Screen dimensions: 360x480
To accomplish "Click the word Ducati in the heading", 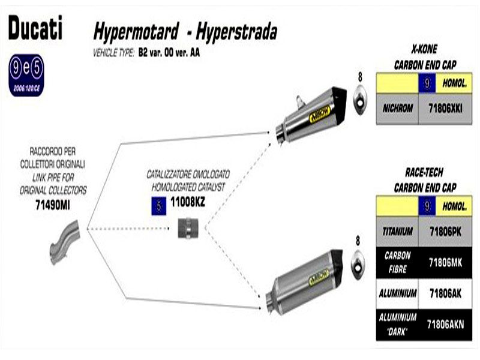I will point(35,28).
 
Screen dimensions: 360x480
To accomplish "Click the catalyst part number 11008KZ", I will point(188,203).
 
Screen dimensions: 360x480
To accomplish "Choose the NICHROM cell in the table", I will point(396,109).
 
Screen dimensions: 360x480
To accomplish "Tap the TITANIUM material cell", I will point(397,230).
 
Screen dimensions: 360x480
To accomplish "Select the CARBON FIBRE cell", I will point(397,262).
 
